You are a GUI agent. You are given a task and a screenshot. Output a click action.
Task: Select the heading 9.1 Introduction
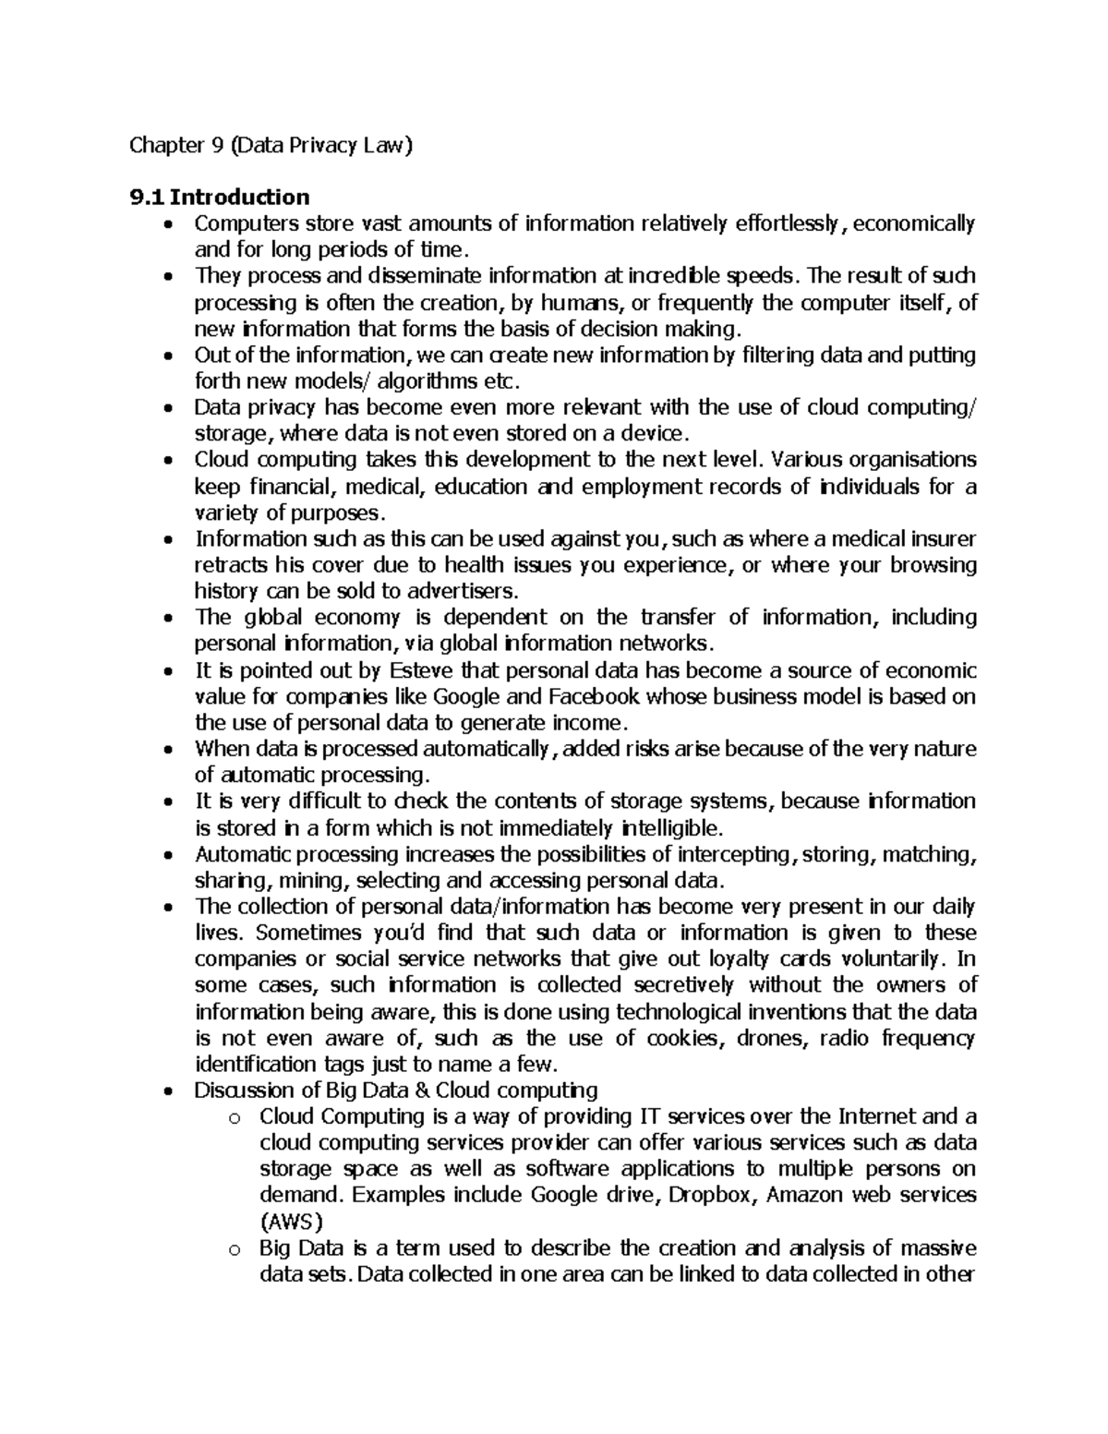(220, 197)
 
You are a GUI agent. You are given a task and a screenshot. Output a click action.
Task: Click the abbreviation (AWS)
(291, 1222)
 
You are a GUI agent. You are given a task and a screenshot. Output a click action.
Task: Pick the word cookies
(680, 1037)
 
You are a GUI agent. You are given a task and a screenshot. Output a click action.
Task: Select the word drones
(777, 1037)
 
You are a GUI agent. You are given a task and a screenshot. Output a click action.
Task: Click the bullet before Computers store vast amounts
(167, 224)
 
